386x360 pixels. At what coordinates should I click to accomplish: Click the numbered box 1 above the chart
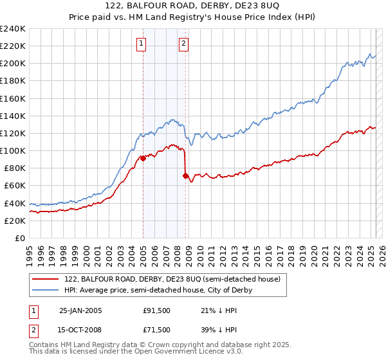coord(141,44)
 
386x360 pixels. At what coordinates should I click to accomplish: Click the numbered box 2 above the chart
coord(183,44)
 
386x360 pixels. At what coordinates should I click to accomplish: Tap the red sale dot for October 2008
coord(185,175)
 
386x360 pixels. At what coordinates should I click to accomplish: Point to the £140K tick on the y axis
coord(14,116)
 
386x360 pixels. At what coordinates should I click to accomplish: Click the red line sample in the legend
coord(46,280)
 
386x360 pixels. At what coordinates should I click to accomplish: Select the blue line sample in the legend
coord(46,291)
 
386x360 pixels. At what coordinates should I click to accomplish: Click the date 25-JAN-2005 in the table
coord(80,310)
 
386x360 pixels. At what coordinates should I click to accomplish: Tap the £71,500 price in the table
coord(157,330)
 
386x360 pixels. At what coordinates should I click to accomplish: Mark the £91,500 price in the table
coord(157,310)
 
